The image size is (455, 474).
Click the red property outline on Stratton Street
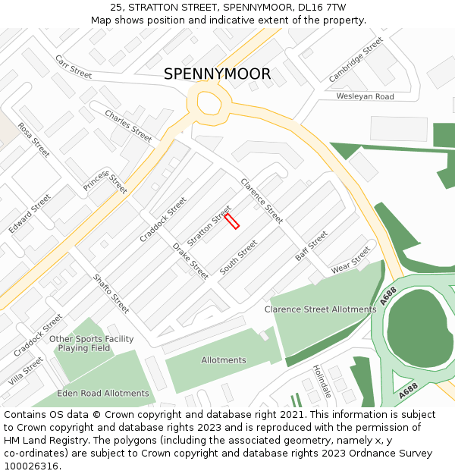pyautogui.click(x=232, y=221)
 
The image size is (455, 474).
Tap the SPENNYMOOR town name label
pyautogui.click(x=217, y=74)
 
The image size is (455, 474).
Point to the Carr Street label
pyautogui.click(x=74, y=67)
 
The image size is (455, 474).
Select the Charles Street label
pyautogui.click(x=128, y=126)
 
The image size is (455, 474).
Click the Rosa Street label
pyautogui.click(x=33, y=140)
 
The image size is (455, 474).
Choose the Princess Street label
pyautogui.click(x=105, y=182)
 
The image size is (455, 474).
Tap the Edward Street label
pyautogui.click(x=30, y=213)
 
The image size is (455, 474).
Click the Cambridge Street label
pyautogui.click(x=356, y=59)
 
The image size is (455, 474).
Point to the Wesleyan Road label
pyautogui.click(x=365, y=96)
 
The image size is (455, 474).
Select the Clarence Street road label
pyautogui.click(x=262, y=201)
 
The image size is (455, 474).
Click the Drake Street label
pyautogui.click(x=190, y=261)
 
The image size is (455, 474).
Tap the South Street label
pyautogui.click(x=238, y=258)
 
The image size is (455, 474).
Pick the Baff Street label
pyautogui.click(x=311, y=246)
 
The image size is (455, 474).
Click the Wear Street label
pyautogui.click(x=350, y=260)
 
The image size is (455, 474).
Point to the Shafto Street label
pyautogui.click(x=111, y=294)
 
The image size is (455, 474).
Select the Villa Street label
pyautogui.click(x=26, y=371)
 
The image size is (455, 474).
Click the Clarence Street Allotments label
pyautogui.click(x=320, y=309)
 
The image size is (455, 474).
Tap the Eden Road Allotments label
pyautogui.click(x=103, y=394)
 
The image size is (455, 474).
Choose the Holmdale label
pyautogui.click(x=322, y=381)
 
